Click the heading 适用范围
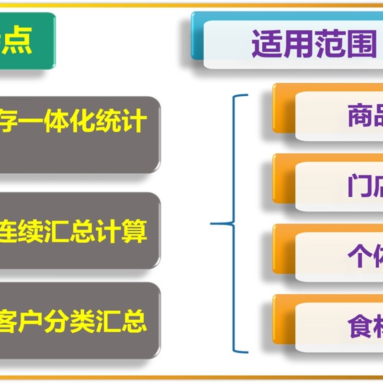pos(314,45)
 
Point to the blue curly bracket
pos(233,223)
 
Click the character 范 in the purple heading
pos(330,45)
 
